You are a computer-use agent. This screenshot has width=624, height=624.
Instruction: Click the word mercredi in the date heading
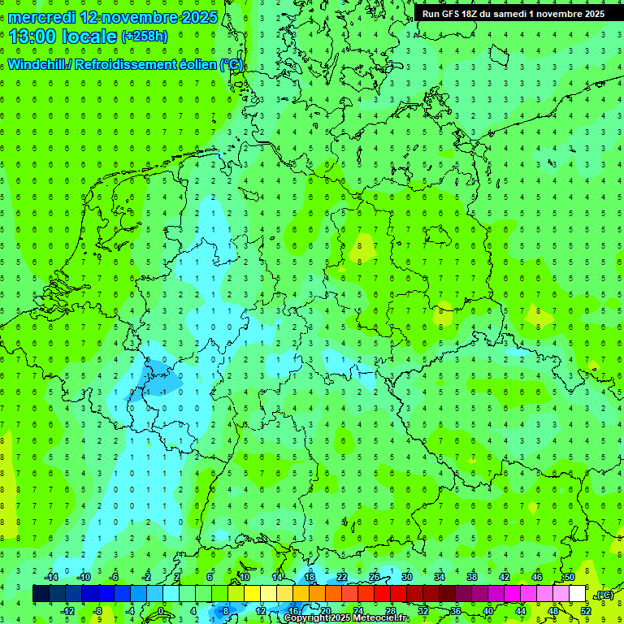pos(42,16)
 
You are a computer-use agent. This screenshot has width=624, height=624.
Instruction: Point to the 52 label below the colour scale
pos(586,610)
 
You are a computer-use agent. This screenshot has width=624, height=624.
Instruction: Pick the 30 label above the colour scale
pos(406,577)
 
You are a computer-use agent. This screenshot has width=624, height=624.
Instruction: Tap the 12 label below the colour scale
pos(261,610)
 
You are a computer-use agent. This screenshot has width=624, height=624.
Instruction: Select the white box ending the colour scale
pos(577,594)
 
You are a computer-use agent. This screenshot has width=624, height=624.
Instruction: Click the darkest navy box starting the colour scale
pos(41,594)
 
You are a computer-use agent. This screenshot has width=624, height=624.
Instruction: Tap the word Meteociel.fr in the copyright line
pos(381,618)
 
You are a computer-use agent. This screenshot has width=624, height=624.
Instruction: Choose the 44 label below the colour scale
pos(521,610)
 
